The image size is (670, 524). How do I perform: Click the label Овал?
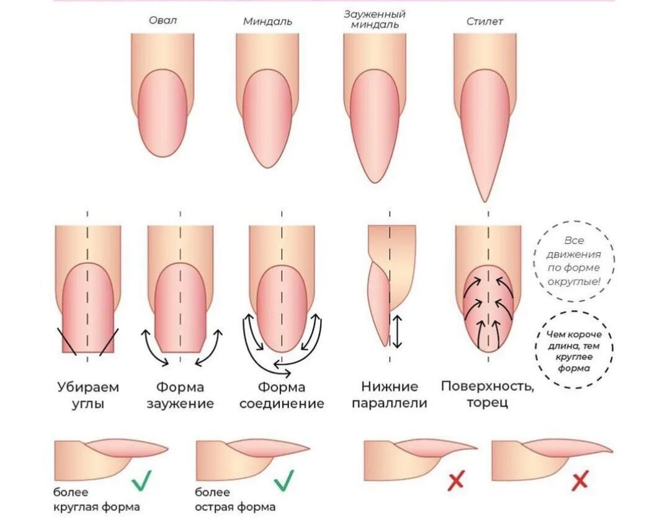(163, 20)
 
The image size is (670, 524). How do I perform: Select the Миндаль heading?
(267, 21)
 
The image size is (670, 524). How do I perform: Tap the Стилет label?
(485, 21)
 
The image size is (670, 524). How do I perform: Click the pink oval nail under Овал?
(163, 112)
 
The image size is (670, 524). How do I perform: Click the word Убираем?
(87, 387)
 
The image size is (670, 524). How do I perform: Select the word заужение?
(180, 404)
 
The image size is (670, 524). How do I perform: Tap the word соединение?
(282, 404)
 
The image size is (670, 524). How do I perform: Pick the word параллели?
(390, 403)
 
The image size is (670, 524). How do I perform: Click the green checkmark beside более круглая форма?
(141, 480)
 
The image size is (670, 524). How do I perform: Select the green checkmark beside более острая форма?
(283, 480)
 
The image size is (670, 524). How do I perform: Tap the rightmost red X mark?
(579, 480)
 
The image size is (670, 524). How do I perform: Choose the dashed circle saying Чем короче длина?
(574, 350)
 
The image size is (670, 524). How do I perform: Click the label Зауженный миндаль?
(375, 19)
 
